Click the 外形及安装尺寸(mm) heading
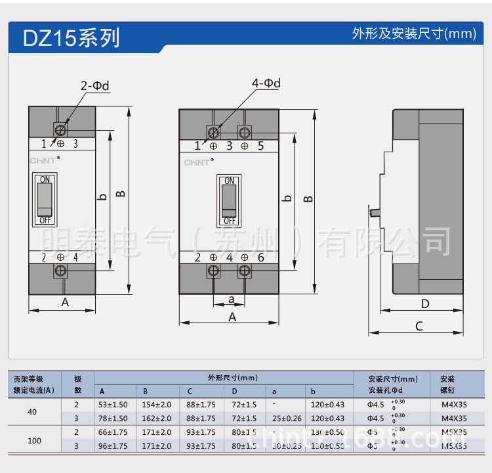coord(414,34)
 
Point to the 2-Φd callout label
coord(94,85)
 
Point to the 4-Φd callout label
coord(266,83)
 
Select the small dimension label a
coord(231,299)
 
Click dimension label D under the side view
coord(424,304)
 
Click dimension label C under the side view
coord(419,326)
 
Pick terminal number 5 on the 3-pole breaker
coord(260,146)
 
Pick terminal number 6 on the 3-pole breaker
coord(260,258)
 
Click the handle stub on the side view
coord(374,212)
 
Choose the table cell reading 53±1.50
coord(113,405)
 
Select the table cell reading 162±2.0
coord(157,418)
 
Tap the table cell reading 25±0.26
coord(287,418)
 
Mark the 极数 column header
coord(77,384)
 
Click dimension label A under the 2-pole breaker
coord(65,302)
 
